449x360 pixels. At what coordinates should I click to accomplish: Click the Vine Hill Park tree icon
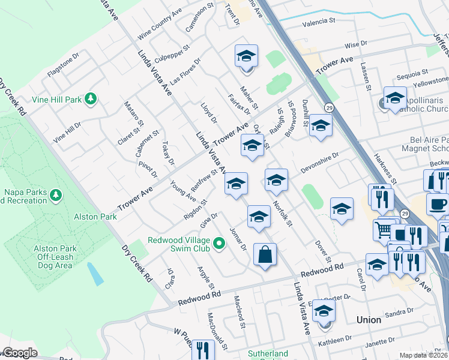coord(90,98)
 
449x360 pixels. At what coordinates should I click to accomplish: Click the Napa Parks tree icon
coord(56,195)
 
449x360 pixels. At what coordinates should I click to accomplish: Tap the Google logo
coord(20,353)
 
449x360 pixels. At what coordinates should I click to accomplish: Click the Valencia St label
coord(319,21)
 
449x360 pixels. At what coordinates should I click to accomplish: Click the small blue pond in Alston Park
coord(94,274)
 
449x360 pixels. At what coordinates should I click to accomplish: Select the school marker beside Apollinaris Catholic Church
coord(395,98)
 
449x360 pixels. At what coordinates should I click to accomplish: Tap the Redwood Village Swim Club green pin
coord(219,243)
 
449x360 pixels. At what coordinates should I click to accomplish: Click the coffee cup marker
coord(438,204)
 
